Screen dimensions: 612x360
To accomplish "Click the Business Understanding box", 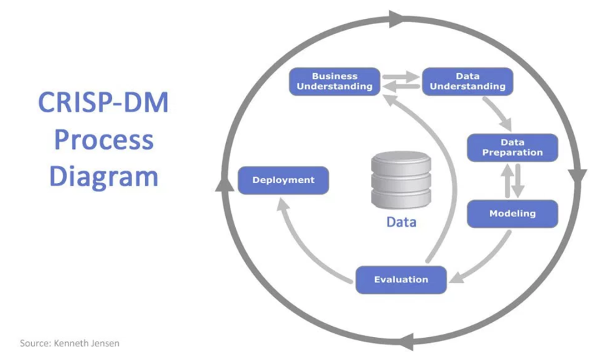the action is click(334, 82).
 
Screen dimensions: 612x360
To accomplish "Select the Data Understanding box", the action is click(468, 82).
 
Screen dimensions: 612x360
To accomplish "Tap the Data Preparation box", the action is click(513, 148).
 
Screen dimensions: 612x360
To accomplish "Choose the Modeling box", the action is click(513, 214).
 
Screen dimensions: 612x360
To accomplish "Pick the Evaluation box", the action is click(401, 280).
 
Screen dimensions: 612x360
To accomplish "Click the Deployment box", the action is click(283, 180).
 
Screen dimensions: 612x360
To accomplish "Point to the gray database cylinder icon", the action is click(401, 180).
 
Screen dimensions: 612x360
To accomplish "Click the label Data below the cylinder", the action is click(401, 222).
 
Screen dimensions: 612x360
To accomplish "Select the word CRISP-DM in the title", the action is click(103, 103).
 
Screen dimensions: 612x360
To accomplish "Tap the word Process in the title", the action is click(104, 140).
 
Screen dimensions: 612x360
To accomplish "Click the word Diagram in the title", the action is click(104, 177).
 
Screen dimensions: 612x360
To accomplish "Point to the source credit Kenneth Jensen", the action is click(86, 343).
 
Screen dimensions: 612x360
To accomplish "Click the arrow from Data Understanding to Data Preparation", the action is click(498, 113).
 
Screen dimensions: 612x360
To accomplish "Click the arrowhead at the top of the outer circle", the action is click(397, 19).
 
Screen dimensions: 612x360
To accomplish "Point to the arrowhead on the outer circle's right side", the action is click(577, 176).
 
